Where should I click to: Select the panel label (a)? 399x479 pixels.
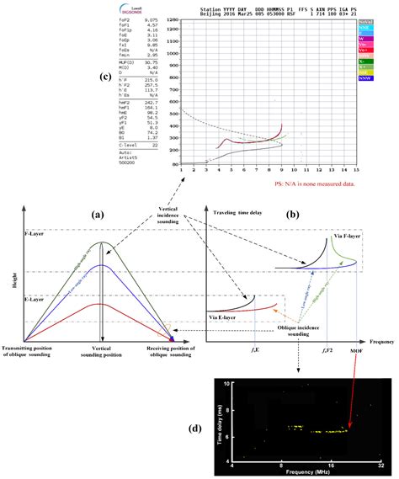[99, 216]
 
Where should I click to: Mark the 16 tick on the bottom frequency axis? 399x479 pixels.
[332, 465]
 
